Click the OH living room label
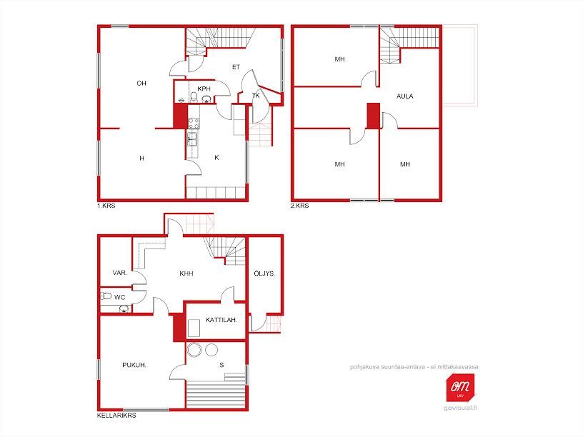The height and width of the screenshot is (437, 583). [x=141, y=84]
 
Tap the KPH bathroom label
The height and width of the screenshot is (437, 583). [x=204, y=89]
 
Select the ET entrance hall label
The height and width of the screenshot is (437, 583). [x=236, y=67]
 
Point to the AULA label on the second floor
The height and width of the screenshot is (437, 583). [x=405, y=96]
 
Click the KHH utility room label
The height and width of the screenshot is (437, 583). [x=186, y=273]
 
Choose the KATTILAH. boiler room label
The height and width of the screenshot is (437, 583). [x=221, y=320]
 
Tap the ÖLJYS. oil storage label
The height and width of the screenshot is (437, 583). [x=265, y=273]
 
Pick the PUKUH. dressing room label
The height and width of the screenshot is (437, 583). [x=134, y=365]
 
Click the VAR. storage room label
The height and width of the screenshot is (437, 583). [x=120, y=273]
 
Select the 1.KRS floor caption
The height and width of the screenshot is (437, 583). [x=106, y=206]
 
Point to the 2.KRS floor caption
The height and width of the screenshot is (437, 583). [x=299, y=206]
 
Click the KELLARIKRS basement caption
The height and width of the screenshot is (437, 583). [x=116, y=416]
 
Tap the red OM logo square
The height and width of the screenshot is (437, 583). [x=460, y=387]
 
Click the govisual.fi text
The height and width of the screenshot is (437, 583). [x=460, y=408]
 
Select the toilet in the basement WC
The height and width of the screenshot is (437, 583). [x=106, y=296]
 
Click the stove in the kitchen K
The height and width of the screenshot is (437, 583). [x=194, y=123]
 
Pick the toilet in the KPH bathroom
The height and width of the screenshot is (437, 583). [x=194, y=97]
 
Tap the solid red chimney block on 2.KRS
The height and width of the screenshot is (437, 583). [x=373, y=116]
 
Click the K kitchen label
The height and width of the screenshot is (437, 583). [x=216, y=158]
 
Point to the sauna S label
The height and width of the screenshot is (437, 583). [x=221, y=365]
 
